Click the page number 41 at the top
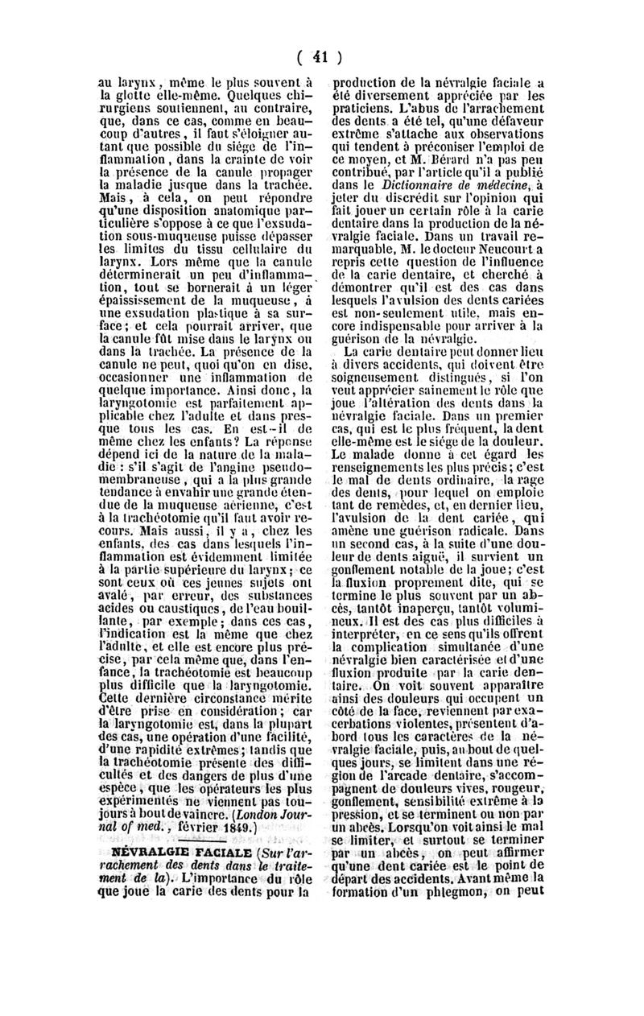click(323, 57)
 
